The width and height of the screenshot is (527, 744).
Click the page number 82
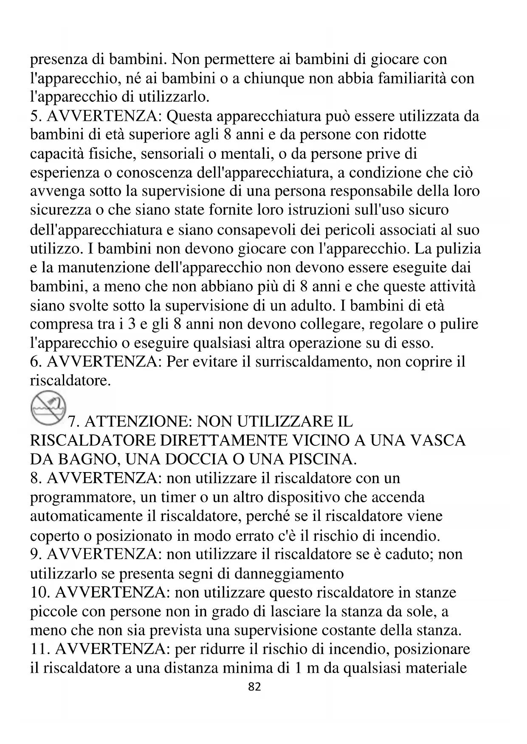[x=254, y=687]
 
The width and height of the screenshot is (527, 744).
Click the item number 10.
[x=39, y=592]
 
